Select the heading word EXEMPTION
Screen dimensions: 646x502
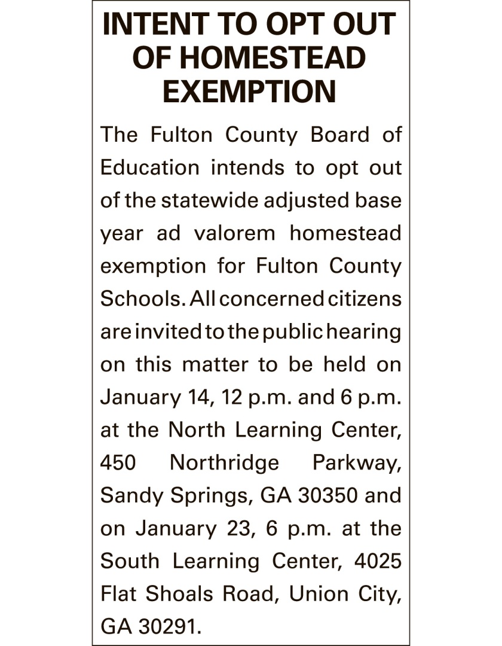click(x=250, y=92)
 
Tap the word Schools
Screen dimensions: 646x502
click(x=138, y=298)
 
